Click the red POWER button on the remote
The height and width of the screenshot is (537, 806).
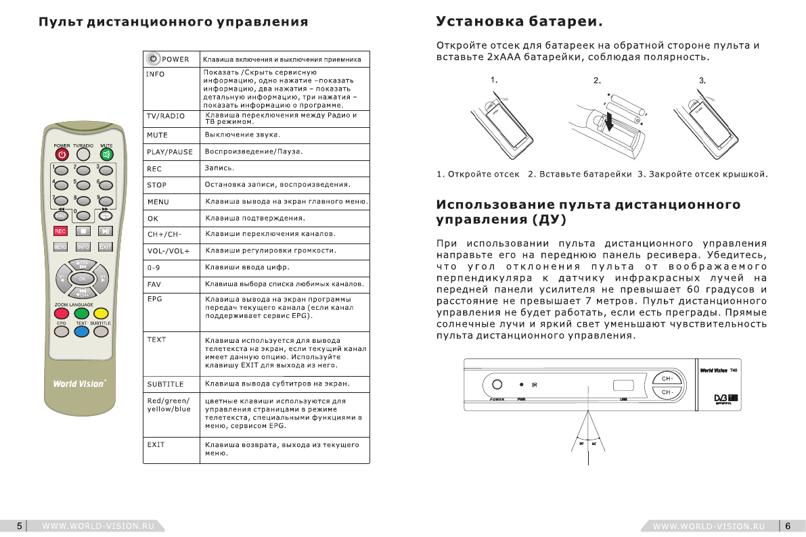click(x=62, y=154)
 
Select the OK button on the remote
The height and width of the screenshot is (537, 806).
click(x=83, y=278)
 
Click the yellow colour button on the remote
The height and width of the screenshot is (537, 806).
click(x=101, y=313)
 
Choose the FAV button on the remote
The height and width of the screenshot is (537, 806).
click(x=61, y=216)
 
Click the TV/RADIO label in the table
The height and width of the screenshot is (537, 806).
click(x=165, y=116)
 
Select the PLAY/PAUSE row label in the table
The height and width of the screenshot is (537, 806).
click(x=169, y=152)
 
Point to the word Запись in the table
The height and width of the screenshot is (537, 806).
click(x=219, y=168)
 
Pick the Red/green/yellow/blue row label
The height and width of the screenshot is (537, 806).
click(x=169, y=404)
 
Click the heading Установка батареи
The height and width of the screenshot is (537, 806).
click(x=519, y=22)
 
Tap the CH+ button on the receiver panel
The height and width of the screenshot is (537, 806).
click(x=667, y=379)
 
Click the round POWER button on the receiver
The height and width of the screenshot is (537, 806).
click(x=497, y=385)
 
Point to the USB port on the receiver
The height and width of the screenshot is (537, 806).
click(x=623, y=386)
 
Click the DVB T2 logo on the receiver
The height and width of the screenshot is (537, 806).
click(x=725, y=396)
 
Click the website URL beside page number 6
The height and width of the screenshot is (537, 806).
click(x=709, y=526)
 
